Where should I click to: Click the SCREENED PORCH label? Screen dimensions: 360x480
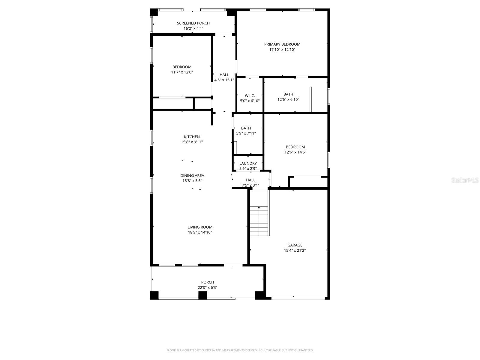[193, 23]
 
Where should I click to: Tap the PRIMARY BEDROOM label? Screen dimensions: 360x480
[282, 44]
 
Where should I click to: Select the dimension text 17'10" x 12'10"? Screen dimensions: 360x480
[282, 49]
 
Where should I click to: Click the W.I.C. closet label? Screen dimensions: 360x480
[250, 96]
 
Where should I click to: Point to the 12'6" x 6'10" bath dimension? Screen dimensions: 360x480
[288, 100]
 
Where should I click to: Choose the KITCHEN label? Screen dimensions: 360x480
[192, 137]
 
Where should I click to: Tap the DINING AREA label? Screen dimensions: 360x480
[192, 175]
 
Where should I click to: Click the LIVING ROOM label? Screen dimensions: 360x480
[200, 227]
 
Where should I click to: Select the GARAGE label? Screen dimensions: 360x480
[295, 245]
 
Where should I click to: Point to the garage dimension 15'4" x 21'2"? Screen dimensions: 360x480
[295, 250]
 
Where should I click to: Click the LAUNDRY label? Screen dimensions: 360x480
[248, 163]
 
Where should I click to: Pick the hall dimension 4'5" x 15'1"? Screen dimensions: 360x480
[224, 80]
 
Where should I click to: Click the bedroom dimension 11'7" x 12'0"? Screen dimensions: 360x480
[182, 72]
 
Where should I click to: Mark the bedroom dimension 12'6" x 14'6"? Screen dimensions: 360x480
[295, 152]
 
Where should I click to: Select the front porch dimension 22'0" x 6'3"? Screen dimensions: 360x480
[207, 287]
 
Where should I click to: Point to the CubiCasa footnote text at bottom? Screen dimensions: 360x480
[240, 350]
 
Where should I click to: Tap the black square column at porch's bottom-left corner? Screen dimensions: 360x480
[154, 295]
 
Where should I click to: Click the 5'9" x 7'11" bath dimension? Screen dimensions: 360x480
[246, 133]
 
